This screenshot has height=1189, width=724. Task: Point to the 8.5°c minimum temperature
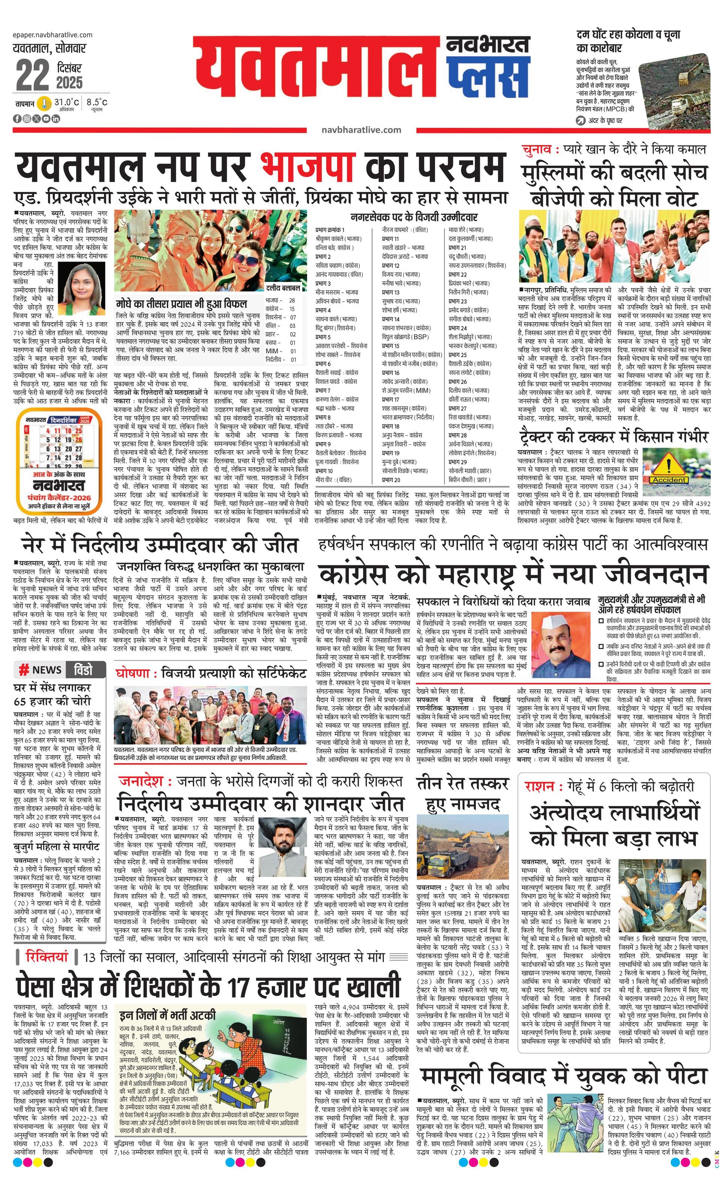[97, 102]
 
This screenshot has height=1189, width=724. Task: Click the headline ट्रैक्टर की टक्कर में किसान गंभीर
[613, 436]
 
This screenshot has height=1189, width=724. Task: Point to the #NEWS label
[40, 670]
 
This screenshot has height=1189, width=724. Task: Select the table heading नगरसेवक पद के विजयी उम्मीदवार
[414, 217]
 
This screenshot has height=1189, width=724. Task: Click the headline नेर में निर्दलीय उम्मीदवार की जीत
[160, 545]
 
